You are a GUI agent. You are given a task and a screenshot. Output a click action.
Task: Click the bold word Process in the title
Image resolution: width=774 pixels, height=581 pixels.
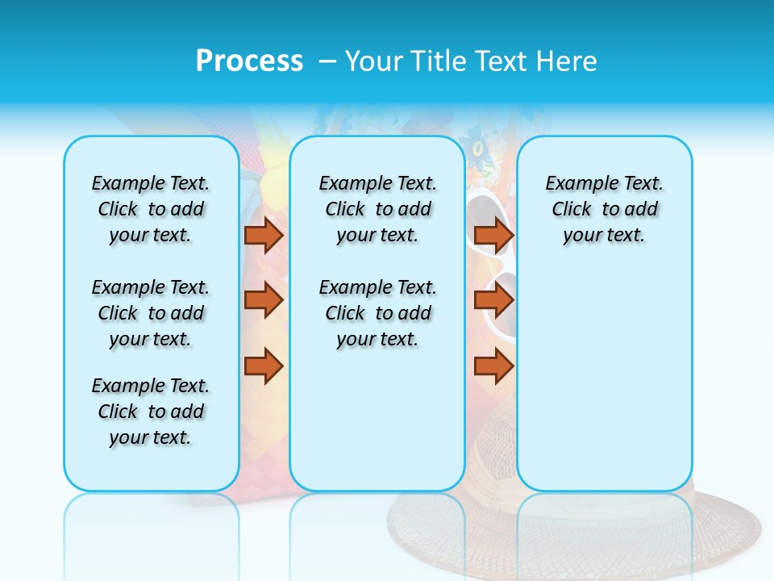coord(249,61)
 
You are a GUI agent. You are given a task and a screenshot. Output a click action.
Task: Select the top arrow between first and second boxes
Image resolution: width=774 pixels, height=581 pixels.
coord(264,235)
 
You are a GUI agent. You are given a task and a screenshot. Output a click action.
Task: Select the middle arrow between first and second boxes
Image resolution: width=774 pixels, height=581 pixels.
coord(264,300)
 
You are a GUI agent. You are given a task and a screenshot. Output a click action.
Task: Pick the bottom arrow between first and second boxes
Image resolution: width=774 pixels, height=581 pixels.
coord(264,366)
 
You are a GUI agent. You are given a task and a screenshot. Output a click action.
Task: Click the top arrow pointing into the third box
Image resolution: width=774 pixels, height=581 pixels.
coord(493,235)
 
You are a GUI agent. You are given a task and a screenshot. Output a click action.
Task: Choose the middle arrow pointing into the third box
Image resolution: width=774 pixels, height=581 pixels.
coord(493,300)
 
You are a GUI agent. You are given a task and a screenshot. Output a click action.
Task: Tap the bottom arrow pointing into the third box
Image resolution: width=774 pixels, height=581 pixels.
coord(493,366)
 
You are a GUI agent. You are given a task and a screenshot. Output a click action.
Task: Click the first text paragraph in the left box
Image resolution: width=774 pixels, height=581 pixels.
coord(151,209)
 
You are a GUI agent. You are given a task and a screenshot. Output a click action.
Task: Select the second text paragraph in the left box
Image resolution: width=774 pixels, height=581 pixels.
coord(151,313)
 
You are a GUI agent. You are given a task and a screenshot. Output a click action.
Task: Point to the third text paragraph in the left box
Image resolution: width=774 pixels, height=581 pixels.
coord(151,412)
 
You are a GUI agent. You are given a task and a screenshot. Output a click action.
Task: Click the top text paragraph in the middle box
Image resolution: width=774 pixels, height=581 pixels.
coord(377,209)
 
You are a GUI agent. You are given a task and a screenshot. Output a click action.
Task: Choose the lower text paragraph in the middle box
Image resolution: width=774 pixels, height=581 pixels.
coord(377,313)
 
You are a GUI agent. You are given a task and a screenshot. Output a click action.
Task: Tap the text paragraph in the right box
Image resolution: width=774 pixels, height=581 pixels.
coord(604,209)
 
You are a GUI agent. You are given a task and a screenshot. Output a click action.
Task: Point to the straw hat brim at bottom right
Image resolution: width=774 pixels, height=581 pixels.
coord(726,533)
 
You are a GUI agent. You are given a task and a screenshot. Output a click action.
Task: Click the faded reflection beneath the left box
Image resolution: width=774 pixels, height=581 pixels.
coord(151,525)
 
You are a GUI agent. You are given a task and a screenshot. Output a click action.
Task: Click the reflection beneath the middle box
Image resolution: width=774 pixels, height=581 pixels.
coord(377,525)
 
